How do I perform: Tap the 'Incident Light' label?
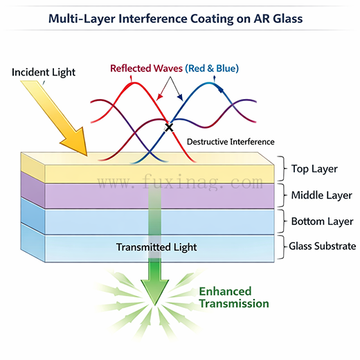[x=43, y=71]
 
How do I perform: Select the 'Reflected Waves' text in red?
[x=146, y=68]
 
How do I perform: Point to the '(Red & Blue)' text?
[x=212, y=68]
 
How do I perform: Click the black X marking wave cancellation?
[x=168, y=127]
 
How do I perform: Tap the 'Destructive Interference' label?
[x=231, y=141]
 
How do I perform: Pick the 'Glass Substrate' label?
[x=322, y=246]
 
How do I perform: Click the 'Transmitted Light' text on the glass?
[x=156, y=247]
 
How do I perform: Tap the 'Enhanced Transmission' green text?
[x=234, y=298]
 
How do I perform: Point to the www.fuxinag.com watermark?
[x=180, y=184]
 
